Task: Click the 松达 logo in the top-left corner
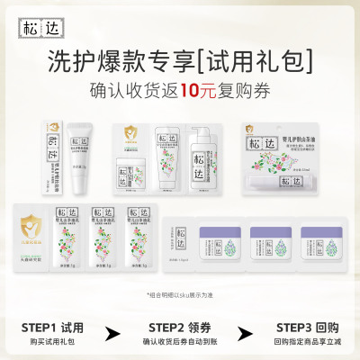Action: [x=29, y=20]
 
